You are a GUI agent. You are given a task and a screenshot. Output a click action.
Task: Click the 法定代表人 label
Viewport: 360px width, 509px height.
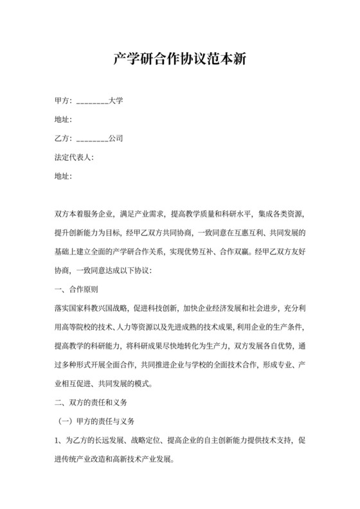(74, 156)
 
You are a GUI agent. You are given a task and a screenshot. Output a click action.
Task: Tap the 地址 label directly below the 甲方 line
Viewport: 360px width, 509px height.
(63, 120)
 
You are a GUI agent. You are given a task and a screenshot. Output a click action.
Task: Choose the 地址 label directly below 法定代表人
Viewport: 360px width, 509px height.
(63, 175)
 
